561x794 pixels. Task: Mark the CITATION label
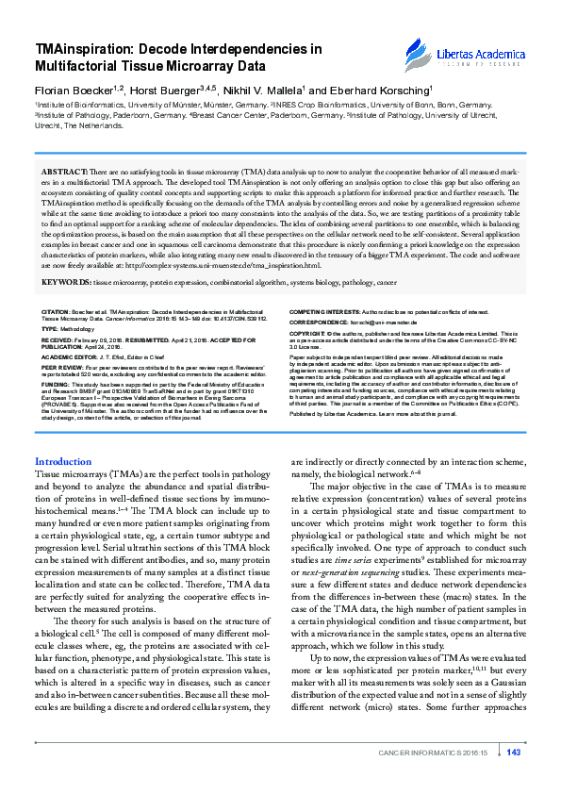click(57, 310)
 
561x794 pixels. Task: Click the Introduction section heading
click(63, 461)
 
